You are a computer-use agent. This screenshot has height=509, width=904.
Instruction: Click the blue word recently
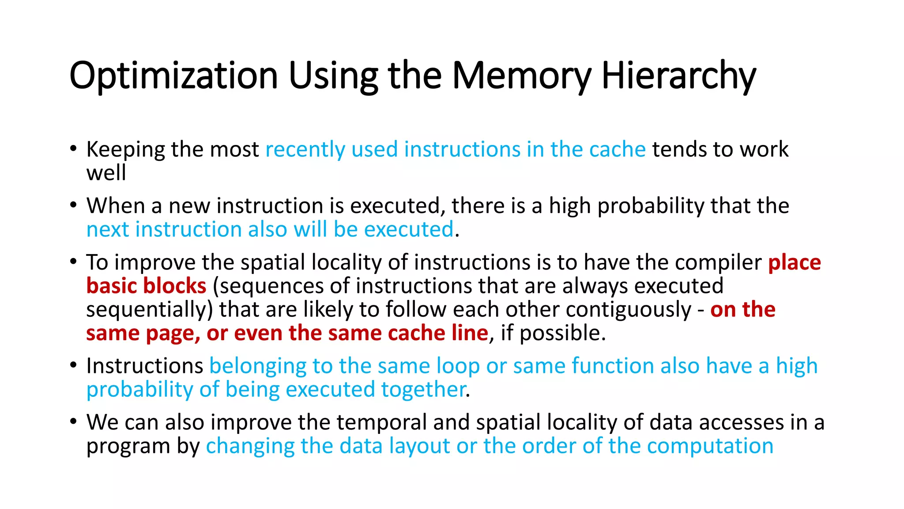[305, 149]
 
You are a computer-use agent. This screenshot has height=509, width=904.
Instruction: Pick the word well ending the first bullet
[106, 173]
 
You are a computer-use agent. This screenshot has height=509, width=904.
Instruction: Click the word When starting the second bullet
[116, 206]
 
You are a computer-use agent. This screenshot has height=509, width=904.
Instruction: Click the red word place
[794, 262]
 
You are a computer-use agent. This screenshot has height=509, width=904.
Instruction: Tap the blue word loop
[458, 366]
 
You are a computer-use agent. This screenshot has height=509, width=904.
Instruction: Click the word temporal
[381, 422]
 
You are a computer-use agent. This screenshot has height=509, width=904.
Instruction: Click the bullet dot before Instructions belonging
[73, 365]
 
